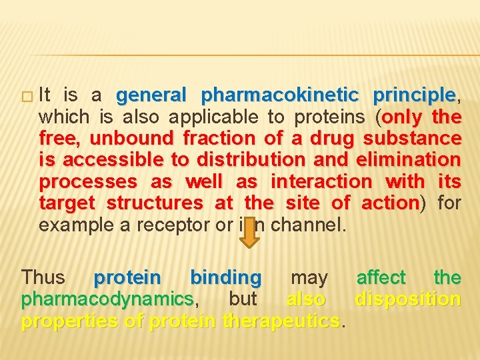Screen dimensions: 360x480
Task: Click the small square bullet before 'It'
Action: pos(27,96)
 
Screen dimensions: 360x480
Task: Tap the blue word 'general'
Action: pos(151,95)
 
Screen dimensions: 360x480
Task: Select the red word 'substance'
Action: pos(412,139)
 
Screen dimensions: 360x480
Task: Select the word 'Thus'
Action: pos(43,277)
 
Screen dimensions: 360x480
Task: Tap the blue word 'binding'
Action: pos(226,277)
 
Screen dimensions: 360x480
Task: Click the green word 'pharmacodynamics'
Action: pos(107,299)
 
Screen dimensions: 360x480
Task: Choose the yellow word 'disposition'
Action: pos(407,299)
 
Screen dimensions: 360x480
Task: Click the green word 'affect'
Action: pos(381,277)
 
